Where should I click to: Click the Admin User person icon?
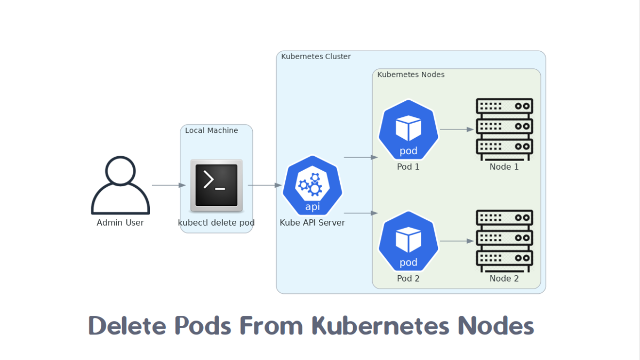coord(121,185)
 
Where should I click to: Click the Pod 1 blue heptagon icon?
coord(409,130)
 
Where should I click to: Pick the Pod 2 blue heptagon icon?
coord(409,241)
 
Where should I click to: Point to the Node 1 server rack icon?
coord(504,130)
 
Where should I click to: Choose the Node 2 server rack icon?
coord(504,241)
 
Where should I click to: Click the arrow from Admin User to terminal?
coord(169,186)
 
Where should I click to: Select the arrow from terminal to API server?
coord(265,186)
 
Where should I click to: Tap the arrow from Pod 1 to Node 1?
coord(457,130)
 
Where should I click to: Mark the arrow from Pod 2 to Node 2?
coord(457,241)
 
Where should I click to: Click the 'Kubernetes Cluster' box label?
coord(316,57)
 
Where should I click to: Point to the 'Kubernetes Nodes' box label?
coord(411,75)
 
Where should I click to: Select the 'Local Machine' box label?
coord(211,130)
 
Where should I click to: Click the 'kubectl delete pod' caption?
coord(216,222)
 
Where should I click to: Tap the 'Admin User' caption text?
coord(120,222)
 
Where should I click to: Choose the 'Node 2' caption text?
coord(504,278)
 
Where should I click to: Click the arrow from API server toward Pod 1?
coord(361,157)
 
